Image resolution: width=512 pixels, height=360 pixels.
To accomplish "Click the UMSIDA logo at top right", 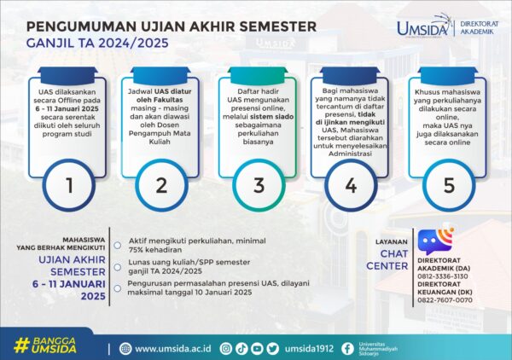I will (x=426, y=27).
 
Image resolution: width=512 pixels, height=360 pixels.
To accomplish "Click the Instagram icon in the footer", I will (x=226, y=348).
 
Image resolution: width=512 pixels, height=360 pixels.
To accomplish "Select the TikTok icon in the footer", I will (x=241, y=348).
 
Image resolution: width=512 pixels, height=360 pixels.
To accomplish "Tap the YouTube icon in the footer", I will (x=257, y=348).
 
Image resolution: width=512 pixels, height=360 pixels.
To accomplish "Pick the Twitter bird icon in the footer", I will (x=272, y=348).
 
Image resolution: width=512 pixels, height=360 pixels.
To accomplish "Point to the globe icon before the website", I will (x=126, y=348).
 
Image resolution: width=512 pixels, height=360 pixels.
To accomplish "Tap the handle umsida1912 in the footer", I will (x=307, y=348).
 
